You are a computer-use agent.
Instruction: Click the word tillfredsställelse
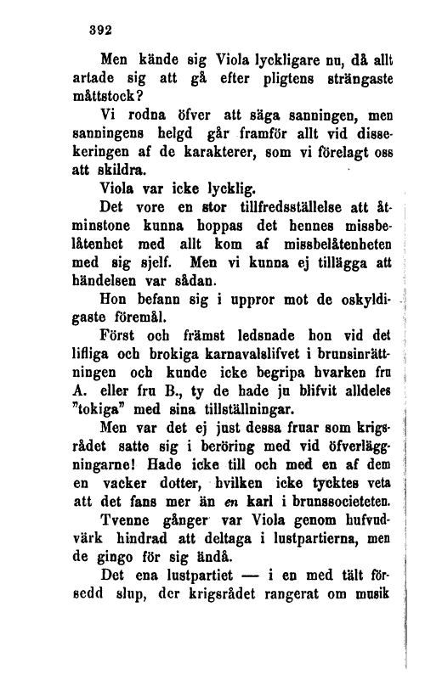click(287, 205)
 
